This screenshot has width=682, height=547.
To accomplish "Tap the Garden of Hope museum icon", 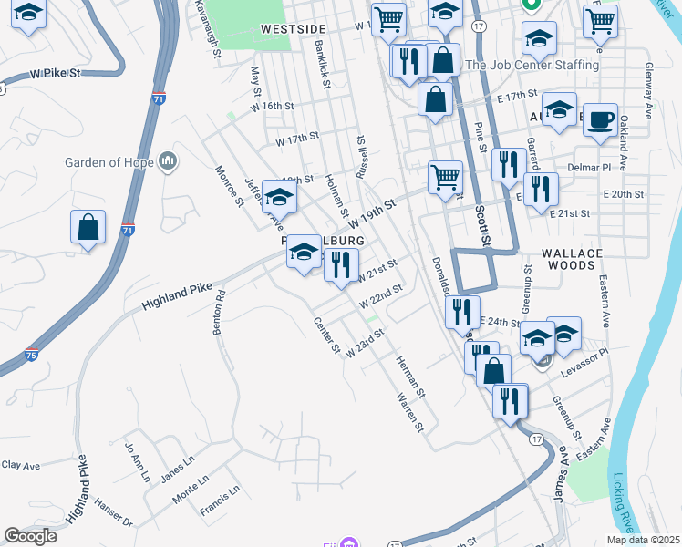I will coord(166,162).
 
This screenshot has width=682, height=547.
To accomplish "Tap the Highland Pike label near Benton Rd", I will coord(177,298).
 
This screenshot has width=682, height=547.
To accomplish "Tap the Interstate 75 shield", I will coord(32,355).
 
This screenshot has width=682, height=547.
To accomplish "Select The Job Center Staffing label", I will coord(532,66).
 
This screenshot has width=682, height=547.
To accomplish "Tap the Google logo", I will coord(30,536).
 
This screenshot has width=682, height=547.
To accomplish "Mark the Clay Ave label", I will coord(20,465).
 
